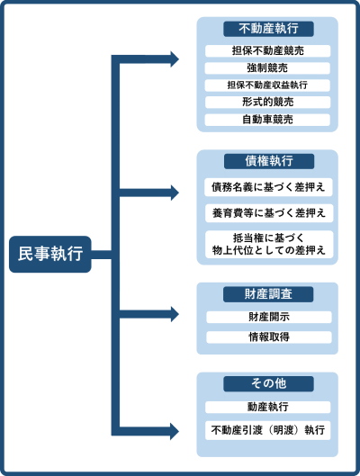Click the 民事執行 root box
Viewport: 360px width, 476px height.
(x=50, y=254)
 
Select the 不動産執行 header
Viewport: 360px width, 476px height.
(x=268, y=29)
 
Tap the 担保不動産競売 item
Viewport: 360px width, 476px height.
(x=267, y=50)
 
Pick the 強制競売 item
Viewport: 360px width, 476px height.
(x=267, y=68)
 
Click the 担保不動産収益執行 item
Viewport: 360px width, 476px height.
(x=267, y=85)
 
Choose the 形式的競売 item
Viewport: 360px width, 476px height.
(x=267, y=103)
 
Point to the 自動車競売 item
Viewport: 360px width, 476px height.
(x=267, y=120)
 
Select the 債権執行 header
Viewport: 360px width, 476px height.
(x=269, y=161)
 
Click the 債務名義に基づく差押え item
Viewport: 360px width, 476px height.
(x=268, y=187)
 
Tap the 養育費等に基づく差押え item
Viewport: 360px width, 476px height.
(x=269, y=213)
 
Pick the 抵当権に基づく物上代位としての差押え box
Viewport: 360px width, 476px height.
(x=269, y=245)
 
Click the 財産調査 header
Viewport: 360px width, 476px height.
(x=268, y=294)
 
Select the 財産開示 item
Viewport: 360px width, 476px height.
(x=269, y=317)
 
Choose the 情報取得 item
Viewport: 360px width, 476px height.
(x=269, y=337)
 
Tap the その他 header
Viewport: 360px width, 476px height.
(x=268, y=383)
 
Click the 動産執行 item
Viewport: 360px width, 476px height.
(x=267, y=407)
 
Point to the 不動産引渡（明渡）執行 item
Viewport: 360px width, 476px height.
(x=267, y=430)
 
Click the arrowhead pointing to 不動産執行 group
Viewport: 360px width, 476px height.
(x=175, y=59)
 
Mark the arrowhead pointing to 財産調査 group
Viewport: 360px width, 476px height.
(x=175, y=314)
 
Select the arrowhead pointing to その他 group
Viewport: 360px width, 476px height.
(x=175, y=431)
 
